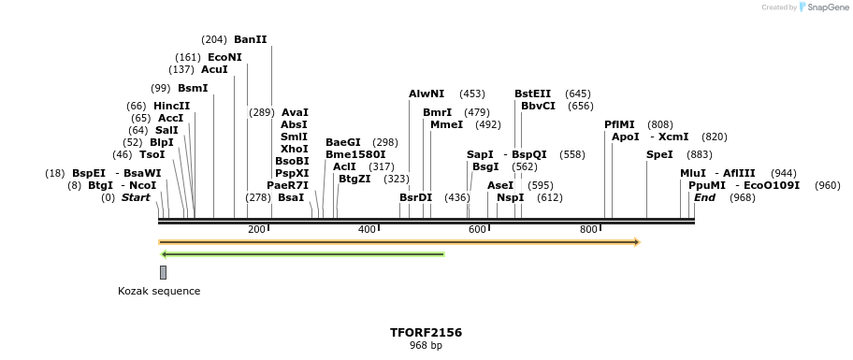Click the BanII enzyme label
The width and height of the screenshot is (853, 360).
click(250, 39)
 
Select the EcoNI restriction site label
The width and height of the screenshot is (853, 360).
click(224, 57)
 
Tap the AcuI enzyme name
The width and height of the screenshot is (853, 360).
click(214, 69)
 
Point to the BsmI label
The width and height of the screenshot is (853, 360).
click(193, 88)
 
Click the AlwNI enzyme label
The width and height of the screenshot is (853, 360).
click(426, 94)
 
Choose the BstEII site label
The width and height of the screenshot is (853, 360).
click(533, 94)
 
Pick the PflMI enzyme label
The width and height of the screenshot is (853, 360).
click(619, 124)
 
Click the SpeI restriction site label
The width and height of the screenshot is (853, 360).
click(659, 154)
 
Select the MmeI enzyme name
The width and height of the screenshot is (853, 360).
click(446, 124)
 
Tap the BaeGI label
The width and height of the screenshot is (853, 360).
click(342, 142)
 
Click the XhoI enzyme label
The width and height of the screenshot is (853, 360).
click(294, 149)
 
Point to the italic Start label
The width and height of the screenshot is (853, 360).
click(136, 197)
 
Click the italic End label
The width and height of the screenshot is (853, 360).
click(704, 197)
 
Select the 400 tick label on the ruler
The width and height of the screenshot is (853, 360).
click(367, 230)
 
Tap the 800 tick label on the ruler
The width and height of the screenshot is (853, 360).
click(588, 230)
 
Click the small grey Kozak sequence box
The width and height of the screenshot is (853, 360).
click(163, 272)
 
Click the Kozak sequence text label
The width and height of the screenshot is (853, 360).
click(159, 291)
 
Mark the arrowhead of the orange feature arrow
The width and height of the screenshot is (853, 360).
click(637, 242)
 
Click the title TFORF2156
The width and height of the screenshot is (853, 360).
click(426, 332)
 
